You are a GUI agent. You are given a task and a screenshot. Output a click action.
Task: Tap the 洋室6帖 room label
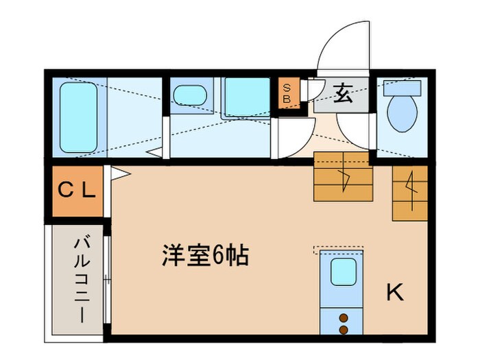(204, 256)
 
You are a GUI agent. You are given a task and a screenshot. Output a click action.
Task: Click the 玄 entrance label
(344, 95)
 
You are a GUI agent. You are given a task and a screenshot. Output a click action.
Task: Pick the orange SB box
(287, 94)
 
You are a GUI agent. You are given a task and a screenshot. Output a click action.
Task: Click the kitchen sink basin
(344, 273)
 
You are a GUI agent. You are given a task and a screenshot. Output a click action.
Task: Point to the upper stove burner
(344, 317)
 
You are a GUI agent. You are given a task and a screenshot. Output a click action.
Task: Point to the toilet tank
(402, 87)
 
